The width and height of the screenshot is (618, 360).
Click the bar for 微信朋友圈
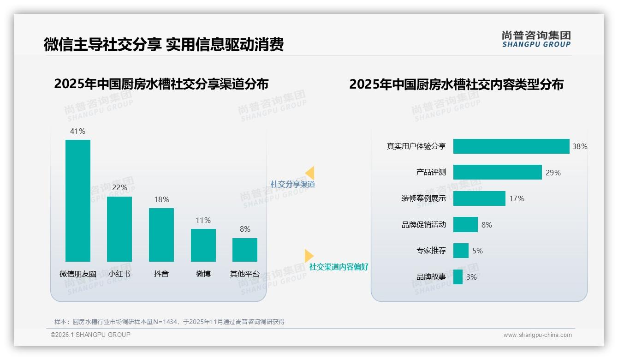78,200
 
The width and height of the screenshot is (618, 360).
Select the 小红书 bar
119,229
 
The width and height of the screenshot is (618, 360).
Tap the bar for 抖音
161,234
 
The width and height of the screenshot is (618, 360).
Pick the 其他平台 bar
245,250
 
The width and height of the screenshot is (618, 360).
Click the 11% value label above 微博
203,220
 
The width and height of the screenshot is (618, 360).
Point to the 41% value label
77,131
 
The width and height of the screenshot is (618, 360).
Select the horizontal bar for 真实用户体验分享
511,146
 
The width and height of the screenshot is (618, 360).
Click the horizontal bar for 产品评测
497,172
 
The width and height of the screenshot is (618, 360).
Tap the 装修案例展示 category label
423,198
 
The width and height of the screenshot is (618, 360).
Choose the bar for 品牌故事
458,277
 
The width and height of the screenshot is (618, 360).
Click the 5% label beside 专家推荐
477,251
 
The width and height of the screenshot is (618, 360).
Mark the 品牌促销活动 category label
423,225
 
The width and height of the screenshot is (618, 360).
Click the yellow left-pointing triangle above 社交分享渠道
310,173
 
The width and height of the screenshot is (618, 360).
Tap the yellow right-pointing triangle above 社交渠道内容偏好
309,256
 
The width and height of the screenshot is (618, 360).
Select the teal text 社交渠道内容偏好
339,267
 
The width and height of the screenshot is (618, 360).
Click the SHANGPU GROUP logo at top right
536,39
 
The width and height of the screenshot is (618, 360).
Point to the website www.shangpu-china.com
537,335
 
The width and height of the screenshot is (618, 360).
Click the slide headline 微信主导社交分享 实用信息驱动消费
163,44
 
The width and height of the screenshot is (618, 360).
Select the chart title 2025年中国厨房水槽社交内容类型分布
456,84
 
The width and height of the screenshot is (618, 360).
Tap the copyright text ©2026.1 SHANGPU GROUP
90,335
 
